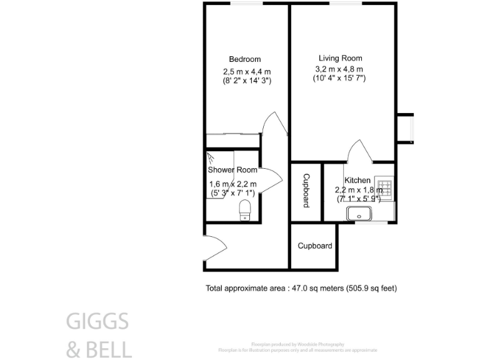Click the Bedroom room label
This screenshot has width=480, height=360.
244,60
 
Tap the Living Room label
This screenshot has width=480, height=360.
340,58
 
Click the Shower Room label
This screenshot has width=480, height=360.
232,170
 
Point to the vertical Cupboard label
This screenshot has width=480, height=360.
306,191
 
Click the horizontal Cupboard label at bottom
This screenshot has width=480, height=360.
314,246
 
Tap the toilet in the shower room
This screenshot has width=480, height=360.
246,210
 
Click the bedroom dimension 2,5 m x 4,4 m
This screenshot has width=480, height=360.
246,71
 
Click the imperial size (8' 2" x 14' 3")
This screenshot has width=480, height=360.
246,81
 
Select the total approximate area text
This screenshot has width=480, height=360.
301,288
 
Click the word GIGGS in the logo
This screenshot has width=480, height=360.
97,322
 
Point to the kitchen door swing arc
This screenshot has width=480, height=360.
361,150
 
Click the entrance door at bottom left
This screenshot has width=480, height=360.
213,246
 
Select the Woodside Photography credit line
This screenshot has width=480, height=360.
297,344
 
